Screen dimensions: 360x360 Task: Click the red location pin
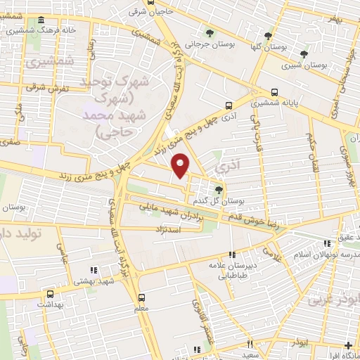(x=181, y=165)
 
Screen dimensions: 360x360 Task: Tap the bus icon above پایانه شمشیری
(x=275, y=91)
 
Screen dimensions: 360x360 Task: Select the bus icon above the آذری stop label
(x=228, y=105)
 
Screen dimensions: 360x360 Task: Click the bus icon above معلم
(x=141, y=297)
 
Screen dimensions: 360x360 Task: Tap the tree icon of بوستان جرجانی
(x=209, y=33)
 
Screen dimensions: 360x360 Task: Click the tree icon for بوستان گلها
(x=268, y=35)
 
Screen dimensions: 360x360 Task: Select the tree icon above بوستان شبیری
(x=304, y=53)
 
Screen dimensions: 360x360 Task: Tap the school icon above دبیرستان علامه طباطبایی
(x=233, y=255)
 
